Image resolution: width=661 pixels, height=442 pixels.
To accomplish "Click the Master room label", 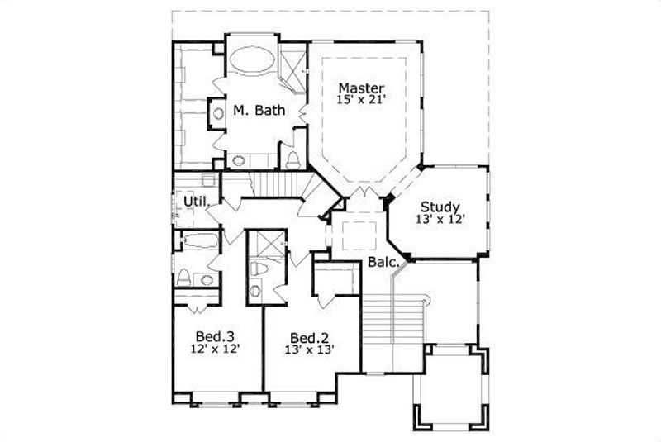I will pos(361,87).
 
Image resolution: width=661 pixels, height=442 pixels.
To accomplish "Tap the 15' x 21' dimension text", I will pos(361,99).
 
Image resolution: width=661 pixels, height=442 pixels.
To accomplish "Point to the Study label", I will pos(440,207).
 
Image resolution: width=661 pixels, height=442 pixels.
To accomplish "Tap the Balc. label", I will pos(385,266).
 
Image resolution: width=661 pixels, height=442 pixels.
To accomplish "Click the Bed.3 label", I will pos(216,336).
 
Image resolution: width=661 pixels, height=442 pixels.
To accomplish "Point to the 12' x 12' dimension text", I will pos(216,349).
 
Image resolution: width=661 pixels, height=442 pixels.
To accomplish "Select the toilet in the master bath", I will pos(292,159).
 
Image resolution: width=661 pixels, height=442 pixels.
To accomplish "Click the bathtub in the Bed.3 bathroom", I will pos(197,242).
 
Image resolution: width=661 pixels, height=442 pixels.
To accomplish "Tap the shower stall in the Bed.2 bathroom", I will pos(267,245).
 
